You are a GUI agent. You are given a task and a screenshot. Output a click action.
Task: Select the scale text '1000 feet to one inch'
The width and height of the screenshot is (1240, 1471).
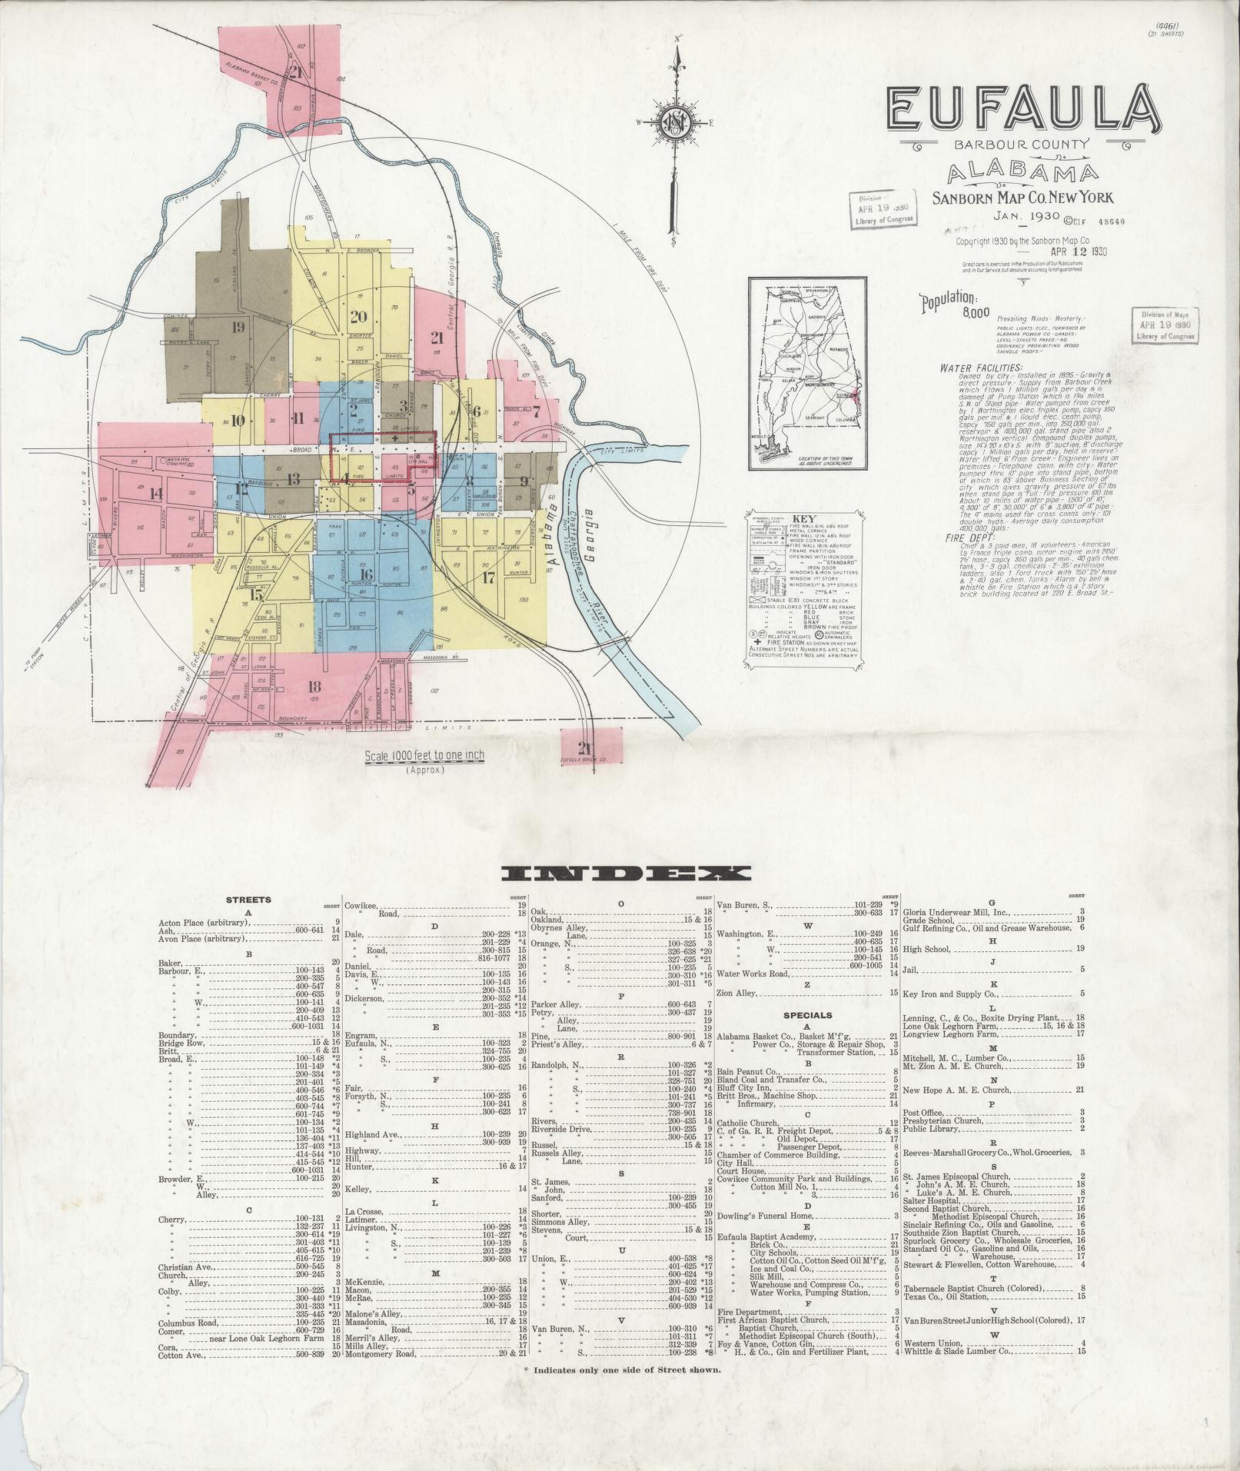(424, 755)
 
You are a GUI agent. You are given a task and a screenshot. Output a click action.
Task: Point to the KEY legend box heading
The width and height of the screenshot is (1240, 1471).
(808, 518)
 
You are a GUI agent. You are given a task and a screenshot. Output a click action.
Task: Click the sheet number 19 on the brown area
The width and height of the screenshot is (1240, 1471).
(238, 326)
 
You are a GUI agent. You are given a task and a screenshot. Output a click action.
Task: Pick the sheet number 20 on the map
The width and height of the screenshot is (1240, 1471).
(359, 316)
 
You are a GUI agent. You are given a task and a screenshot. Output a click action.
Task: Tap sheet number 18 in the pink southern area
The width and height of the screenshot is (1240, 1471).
(314, 687)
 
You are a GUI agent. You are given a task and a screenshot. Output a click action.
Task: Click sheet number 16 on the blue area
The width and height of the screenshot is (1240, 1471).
(366, 574)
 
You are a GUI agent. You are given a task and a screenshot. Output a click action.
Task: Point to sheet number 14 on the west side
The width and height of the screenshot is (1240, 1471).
(156, 494)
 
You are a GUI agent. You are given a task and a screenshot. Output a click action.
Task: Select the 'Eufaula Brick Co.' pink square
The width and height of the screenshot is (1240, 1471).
(589, 748)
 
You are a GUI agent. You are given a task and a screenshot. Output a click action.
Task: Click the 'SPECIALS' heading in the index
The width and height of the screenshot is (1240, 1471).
(807, 1015)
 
